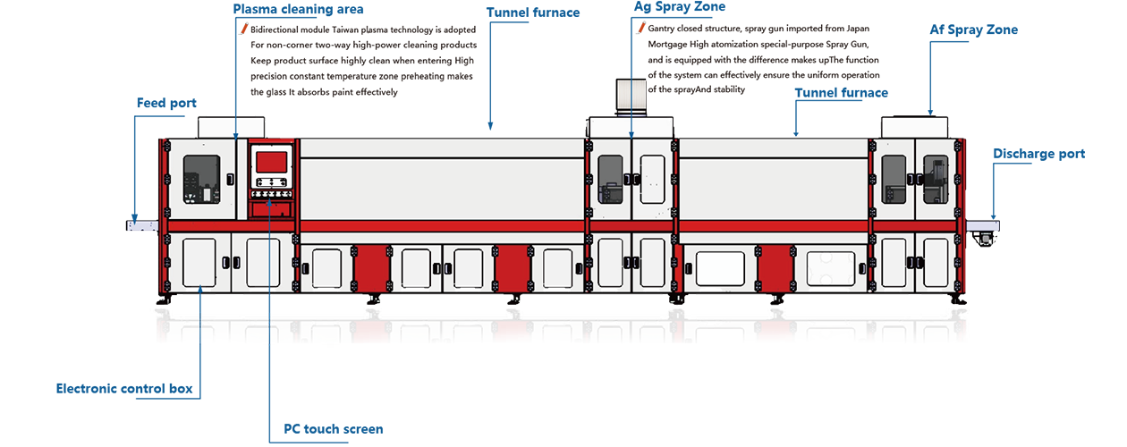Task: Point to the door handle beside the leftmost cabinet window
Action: tap(230, 179)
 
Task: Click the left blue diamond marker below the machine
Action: tap(200, 306)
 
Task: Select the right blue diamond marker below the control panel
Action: tap(270, 306)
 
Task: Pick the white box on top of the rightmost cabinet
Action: tap(914, 128)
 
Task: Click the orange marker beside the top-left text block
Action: tap(241, 33)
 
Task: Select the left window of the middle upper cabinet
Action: tap(610, 179)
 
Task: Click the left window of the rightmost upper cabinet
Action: tap(893, 179)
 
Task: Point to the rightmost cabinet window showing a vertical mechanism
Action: tap(935, 179)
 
